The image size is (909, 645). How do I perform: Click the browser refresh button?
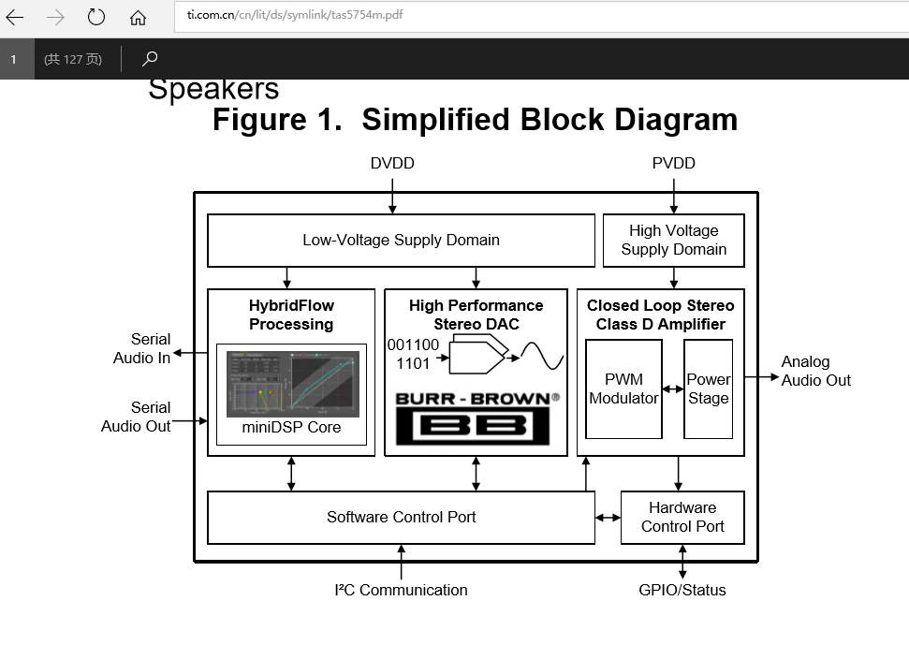[x=96, y=17]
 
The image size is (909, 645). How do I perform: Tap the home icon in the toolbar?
[x=138, y=17]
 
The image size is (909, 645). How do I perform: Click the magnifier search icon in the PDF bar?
[x=150, y=59]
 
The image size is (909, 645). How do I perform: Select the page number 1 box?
[x=15, y=59]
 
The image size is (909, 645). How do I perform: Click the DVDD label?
[x=392, y=164]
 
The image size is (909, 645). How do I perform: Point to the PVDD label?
[x=673, y=164]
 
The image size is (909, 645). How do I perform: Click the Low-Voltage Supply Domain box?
[x=401, y=241]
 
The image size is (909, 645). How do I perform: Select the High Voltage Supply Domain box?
[x=673, y=241]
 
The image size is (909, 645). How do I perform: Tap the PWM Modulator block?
[x=623, y=388]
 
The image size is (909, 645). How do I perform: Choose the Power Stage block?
[x=708, y=388]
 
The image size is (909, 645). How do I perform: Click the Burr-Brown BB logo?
[x=476, y=418]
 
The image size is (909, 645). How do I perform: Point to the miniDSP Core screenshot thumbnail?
[x=292, y=384]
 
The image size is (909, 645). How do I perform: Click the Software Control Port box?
[x=401, y=517]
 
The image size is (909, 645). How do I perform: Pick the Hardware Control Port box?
[x=682, y=517]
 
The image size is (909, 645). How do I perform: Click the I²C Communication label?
[x=401, y=590]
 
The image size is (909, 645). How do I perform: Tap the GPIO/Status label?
[x=682, y=590]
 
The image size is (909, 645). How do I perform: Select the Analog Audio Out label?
[x=816, y=371]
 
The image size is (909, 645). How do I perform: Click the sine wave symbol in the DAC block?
[x=543, y=357]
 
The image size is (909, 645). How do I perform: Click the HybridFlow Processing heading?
[x=291, y=315]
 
